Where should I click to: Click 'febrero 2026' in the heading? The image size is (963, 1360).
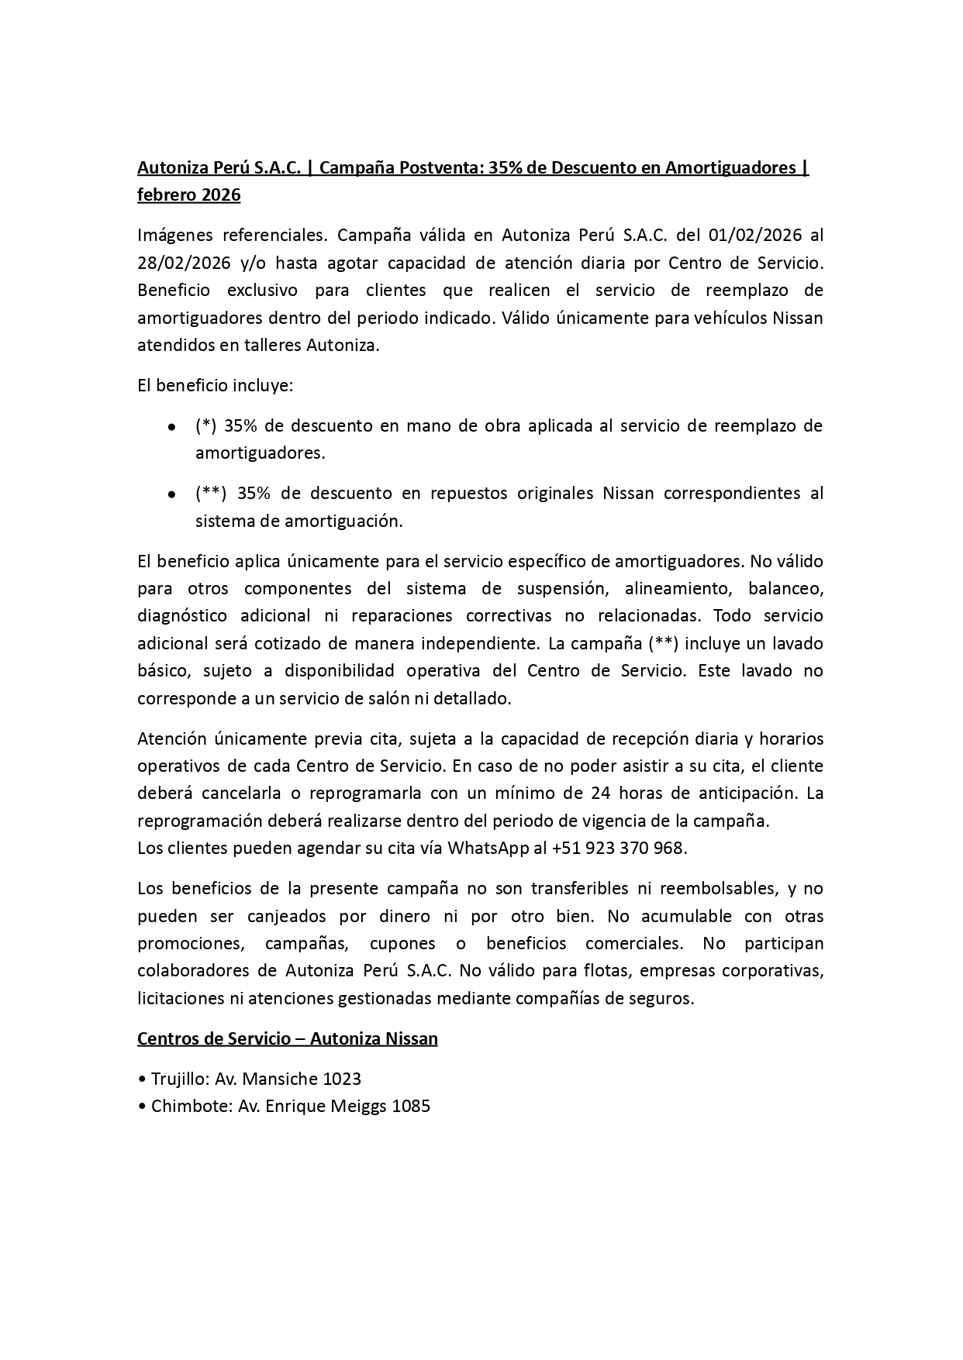[x=188, y=195]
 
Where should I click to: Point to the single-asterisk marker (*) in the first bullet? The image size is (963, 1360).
[x=205, y=425]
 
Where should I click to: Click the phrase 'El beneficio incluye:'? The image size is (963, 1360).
[x=215, y=385]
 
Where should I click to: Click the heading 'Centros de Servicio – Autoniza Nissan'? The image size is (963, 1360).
[x=287, y=1038]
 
